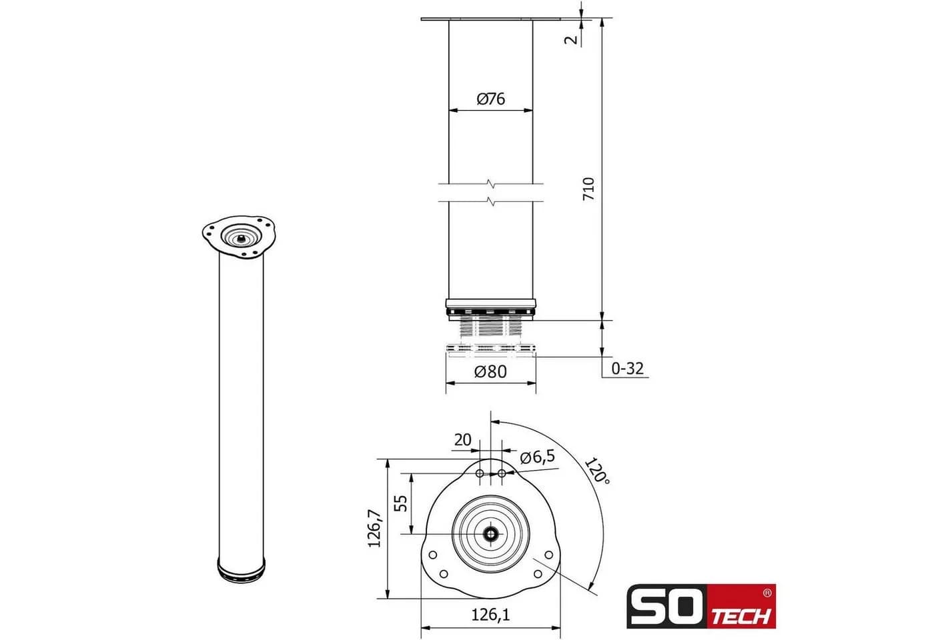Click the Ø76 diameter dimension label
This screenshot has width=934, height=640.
(x=491, y=99)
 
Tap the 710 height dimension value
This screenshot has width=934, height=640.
(x=588, y=189)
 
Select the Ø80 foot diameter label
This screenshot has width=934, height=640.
(x=490, y=371)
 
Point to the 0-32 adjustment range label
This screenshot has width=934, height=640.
(x=627, y=368)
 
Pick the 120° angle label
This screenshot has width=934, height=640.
(x=597, y=471)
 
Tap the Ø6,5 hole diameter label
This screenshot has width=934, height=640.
(x=538, y=457)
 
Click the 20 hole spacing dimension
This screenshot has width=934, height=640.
(x=462, y=439)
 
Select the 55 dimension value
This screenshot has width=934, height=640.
(x=400, y=503)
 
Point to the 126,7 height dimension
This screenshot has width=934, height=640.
(x=374, y=528)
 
